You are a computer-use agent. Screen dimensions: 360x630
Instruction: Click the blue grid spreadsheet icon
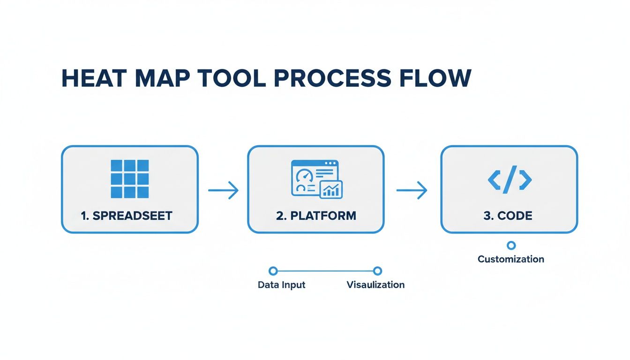[x=129, y=179]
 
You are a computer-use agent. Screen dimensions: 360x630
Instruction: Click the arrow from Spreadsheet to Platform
[x=223, y=190]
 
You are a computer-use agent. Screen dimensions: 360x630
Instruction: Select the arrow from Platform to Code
[x=412, y=190]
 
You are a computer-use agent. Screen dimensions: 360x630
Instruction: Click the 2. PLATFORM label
[x=316, y=216]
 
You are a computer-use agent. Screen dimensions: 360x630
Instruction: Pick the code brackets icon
[x=510, y=179]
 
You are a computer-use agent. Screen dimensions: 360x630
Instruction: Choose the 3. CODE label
[x=508, y=216]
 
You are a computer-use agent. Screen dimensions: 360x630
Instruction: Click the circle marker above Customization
[x=511, y=245]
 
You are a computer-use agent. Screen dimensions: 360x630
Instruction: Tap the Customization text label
[x=511, y=259]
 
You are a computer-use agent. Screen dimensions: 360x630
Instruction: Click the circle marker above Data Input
[x=273, y=271]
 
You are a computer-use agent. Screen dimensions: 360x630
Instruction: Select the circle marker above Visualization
[x=377, y=271]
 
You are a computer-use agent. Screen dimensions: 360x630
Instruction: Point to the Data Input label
[x=281, y=285]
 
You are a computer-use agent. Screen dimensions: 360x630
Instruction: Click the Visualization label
[x=375, y=285]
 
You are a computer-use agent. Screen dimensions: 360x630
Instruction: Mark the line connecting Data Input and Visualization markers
[x=325, y=271]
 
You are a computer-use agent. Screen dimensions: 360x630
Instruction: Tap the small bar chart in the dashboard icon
[x=331, y=189]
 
